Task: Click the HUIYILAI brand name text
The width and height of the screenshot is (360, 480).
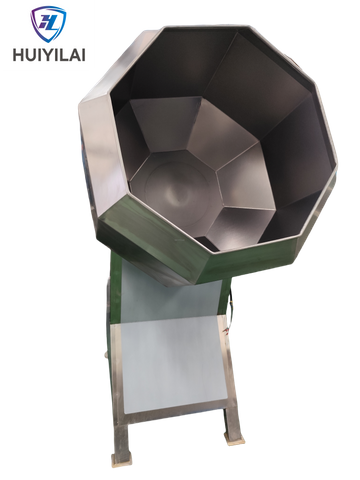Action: tap(46, 55)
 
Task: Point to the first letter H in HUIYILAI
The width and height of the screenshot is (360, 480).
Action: tap(11, 55)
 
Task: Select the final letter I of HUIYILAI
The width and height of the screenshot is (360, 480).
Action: tap(83, 55)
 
